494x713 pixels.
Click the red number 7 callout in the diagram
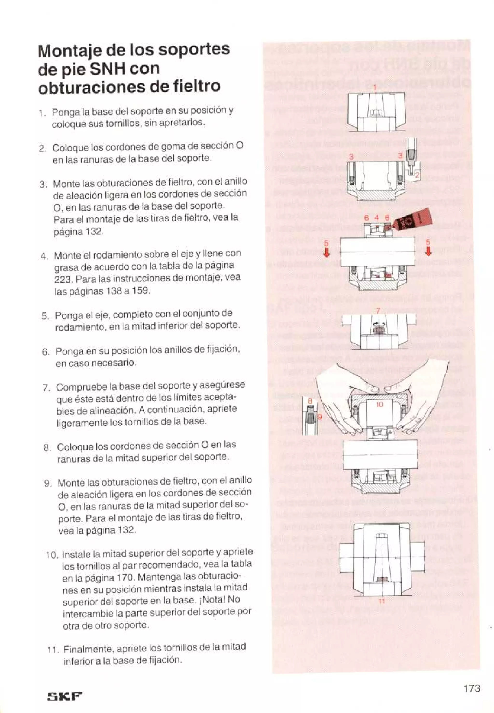[x=378, y=311]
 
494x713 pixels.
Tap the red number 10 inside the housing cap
[x=380, y=404]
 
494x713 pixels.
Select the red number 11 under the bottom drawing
[x=382, y=601]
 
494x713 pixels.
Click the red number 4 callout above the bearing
[x=376, y=218]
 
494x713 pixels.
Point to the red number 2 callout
[x=417, y=175]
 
